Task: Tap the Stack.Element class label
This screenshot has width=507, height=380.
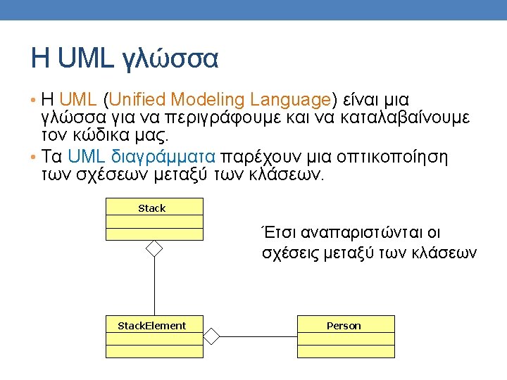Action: click(151, 325)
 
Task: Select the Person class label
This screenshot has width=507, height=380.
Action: click(344, 325)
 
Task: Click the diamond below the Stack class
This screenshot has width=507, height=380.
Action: click(154, 248)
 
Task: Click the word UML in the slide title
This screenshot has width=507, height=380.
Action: click(85, 58)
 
